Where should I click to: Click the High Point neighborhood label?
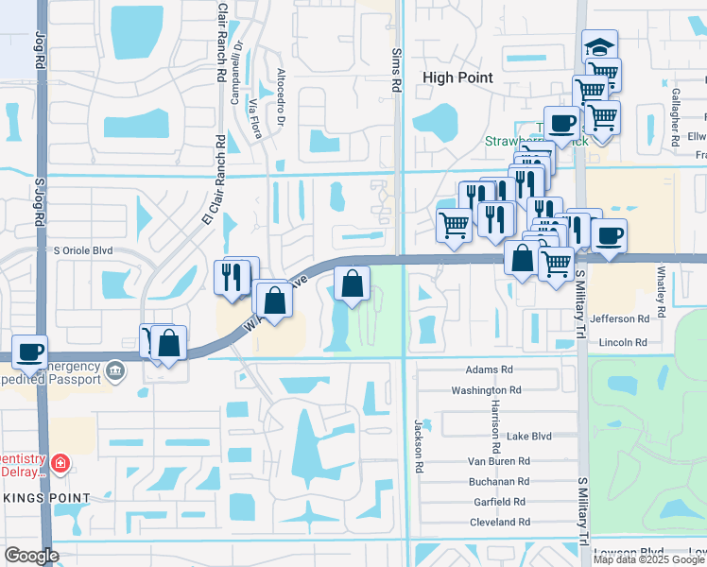(458, 78)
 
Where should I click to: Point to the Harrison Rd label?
(494, 423)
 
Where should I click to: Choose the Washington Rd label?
(486, 389)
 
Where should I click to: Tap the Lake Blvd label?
(528, 436)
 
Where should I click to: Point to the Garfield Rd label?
(501, 502)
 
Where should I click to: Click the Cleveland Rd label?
(498, 522)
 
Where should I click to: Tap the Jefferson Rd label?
(620, 319)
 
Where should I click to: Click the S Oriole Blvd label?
(89, 249)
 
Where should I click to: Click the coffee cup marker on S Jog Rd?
(30, 351)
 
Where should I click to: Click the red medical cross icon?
(60, 463)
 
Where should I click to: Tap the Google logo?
(31, 556)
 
